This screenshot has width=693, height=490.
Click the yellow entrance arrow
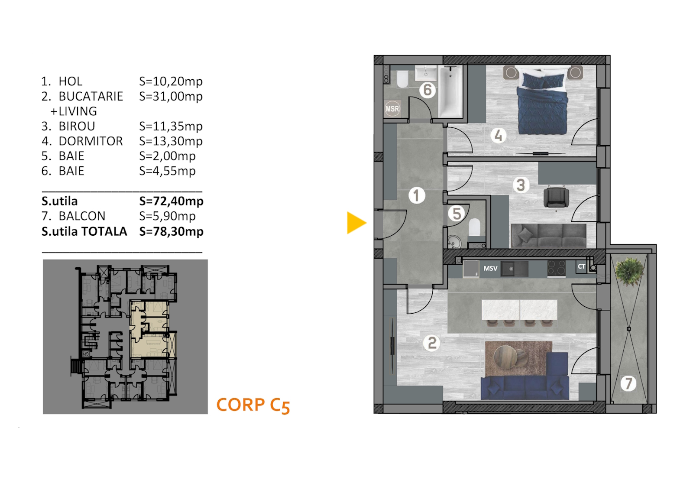[x=356, y=223]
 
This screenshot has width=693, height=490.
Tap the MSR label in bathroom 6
[x=392, y=109]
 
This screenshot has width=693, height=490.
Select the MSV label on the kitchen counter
[x=490, y=268]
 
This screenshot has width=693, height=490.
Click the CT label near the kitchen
[x=581, y=266]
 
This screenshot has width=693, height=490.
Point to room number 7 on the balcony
[x=628, y=384]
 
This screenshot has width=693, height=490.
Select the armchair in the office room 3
[x=556, y=197]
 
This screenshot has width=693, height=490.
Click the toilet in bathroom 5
[x=474, y=227]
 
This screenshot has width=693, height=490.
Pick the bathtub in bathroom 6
[x=451, y=91]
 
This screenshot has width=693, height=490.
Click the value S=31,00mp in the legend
[x=171, y=97]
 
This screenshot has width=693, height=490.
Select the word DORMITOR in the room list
[x=91, y=141]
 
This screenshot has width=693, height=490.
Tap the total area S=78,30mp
[x=171, y=231]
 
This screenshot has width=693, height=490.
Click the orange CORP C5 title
[x=253, y=405]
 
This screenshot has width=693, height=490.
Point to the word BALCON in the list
[x=82, y=216]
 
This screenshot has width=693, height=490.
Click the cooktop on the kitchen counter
[x=556, y=268]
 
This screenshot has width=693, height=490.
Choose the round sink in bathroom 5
[x=454, y=242]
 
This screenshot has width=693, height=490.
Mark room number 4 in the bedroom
[x=498, y=135]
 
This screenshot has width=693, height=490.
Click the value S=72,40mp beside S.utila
[x=171, y=201]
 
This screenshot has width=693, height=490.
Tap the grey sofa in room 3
[x=548, y=236]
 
